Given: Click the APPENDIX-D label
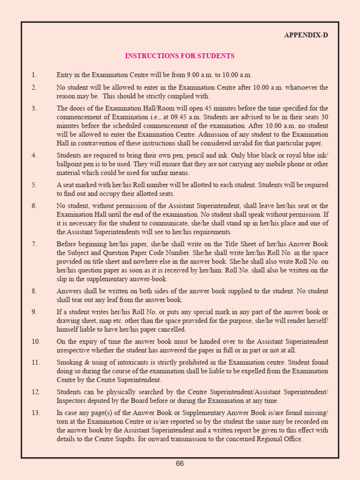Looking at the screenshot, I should coord(306,35).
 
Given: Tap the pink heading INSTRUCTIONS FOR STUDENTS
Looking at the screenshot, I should coord(180,56).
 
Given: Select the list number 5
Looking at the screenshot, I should coord(34,185).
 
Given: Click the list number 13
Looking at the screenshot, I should coord(36,413).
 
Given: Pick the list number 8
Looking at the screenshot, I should coord(34,291).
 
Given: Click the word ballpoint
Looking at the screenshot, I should coord(70,165).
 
